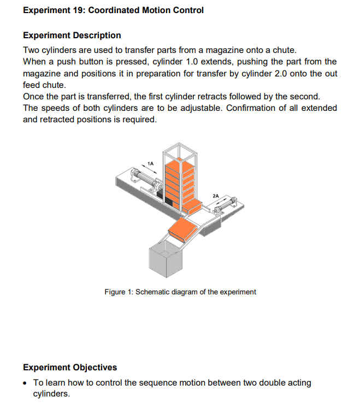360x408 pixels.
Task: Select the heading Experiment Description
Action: click(x=72, y=36)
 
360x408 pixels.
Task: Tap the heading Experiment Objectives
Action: click(x=70, y=367)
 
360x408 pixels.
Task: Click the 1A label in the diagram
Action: click(x=151, y=163)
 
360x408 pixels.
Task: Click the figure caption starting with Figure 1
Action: click(x=180, y=292)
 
